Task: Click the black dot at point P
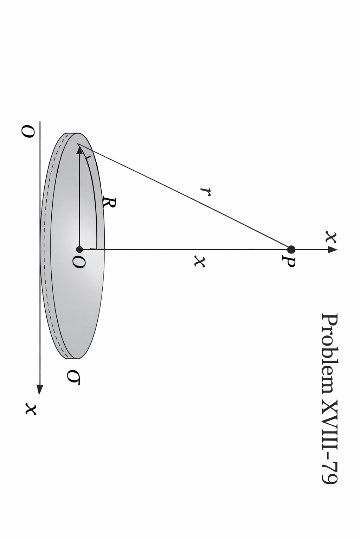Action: point(291,250)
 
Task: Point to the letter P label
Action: point(289,262)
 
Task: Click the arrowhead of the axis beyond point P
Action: point(332,250)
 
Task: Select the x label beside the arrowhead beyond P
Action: point(330,237)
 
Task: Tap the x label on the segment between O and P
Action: point(199,261)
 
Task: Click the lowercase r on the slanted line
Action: point(205,191)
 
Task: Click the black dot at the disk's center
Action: point(79,250)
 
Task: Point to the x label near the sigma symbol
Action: point(31,409)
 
